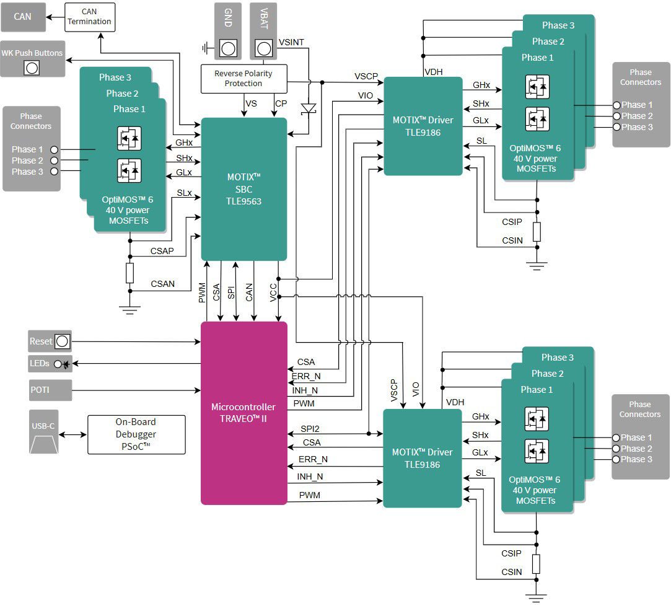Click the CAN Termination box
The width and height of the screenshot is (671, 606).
pyautogui.click(x=90, y=17)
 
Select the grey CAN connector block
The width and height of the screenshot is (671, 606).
pyautogui.click(x=23, y=17)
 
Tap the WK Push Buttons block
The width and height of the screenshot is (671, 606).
pyautogui.click(x=32, y=59)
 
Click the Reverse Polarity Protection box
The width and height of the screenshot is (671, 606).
pyautogui.click(x=243, y=78)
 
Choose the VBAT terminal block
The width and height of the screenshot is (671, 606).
pyautogui.click(x=263, y=31)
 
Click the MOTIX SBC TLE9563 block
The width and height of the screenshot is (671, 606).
pyautogui.click(x=244, y=189)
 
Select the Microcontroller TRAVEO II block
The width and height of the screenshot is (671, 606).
pyautogui.click(x=243, y=413)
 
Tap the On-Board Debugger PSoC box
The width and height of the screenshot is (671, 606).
pyautogui.click(x=136, y=434)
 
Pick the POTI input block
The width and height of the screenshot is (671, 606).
pyautogui.click(x=50, y=390)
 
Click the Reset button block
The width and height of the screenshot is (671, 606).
pyautogui.click(x=50, y=341)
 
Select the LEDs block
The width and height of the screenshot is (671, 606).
pyautogui.click(x=50, y=364)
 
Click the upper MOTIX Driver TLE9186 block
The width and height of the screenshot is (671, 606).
pyautogui.click(x=423, y=126)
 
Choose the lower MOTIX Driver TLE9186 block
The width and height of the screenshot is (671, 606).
pyautogui.click(x=423, y=459)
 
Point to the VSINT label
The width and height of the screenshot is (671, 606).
pyautogui.click(x=291, y=42)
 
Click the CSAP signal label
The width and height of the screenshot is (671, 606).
pyautogui.click(x=162, y=251)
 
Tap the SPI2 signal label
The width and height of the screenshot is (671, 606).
pyautogui.click(x=310, y=428)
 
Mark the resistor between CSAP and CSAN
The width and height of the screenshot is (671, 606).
pyautogui.click(x=129, y=273)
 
